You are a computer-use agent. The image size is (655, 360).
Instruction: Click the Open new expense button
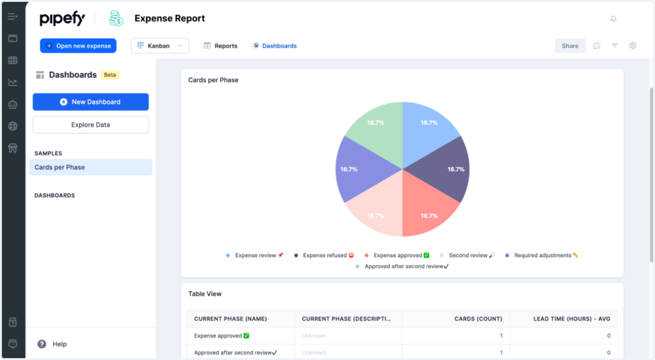(x=78, y=46)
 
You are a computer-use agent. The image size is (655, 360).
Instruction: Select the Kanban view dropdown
(x=160, y=46)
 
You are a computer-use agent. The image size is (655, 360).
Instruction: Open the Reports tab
(x=220, y=46)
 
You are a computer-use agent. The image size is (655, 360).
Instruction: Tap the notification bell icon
(x=613, y=18)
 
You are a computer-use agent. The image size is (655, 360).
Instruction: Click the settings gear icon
(x=632, y=46)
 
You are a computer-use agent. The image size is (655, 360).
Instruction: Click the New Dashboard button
(x=91, y=102)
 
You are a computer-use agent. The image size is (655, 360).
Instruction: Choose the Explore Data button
(x=91, y=125)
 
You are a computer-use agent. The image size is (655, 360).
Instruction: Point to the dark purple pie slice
(x=443, y=171)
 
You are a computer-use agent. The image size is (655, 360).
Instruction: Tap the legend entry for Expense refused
(x=325, y=256)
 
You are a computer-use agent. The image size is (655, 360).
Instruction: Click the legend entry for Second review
(x=469, y=256)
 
